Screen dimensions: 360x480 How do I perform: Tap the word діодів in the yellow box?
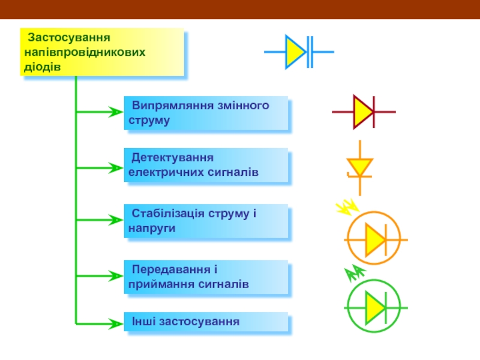click(x=43, y=66)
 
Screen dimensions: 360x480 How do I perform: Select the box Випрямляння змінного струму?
click(x=206, y=113)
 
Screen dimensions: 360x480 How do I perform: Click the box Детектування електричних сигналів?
click(x=206, y=166)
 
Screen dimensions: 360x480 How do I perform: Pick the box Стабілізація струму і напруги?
click(x=206, y=221)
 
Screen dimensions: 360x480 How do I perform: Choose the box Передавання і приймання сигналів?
click(x=206, y=277)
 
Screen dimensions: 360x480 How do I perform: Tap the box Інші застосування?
click(x=206, y=322)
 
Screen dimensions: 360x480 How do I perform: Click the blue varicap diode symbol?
click(x=298, y=52)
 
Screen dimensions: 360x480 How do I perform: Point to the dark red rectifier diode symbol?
click(x=364, y=112)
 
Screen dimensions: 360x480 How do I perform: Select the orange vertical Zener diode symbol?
click(x=360, y=167)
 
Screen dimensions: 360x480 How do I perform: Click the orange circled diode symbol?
click(x=376, y=241)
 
